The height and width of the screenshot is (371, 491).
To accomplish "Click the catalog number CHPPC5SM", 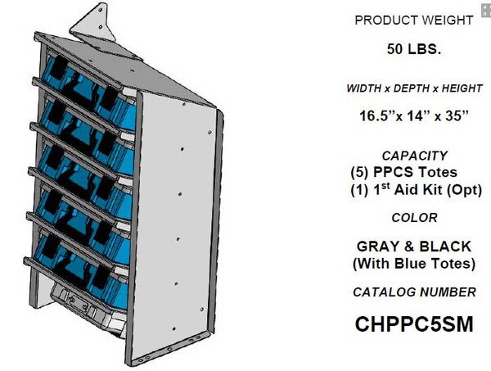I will (x=414, y=323).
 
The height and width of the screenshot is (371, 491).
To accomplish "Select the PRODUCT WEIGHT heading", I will (x=414, y=20).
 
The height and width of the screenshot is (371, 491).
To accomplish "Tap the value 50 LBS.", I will (x=414, y=49).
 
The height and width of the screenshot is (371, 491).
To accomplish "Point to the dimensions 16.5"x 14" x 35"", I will (x=414, y=115).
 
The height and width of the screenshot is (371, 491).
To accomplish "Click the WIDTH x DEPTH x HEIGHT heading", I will (x=414, y=87).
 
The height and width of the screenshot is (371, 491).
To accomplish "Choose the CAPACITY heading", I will (x=414, y=155).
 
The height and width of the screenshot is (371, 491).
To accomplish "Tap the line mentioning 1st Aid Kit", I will (x=414, y=190).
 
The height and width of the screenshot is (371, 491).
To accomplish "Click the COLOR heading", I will (x=414, y=218).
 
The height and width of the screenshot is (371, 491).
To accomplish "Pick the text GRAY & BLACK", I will (x=414, y=246).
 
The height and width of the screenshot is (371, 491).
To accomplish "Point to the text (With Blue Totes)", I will (x=414, y=264).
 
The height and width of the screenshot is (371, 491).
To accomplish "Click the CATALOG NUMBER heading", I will (x=414, y=292).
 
